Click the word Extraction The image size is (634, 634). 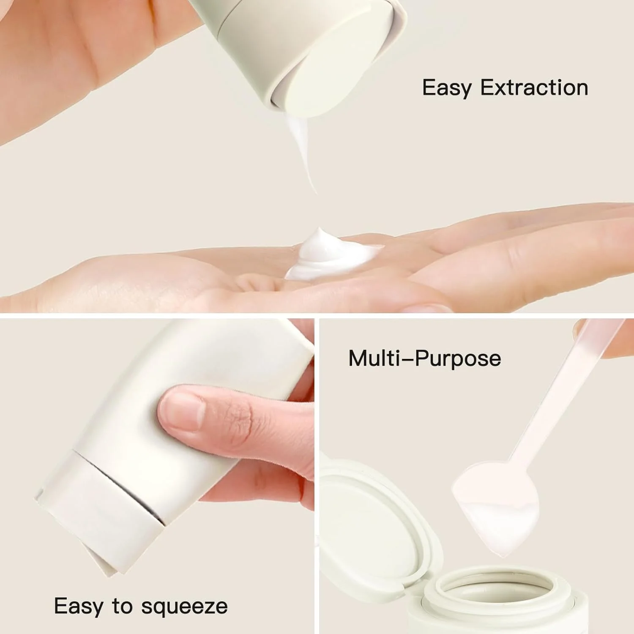coord(534,87)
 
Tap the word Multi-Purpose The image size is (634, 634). coord(425,358)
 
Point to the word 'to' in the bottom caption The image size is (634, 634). coord(123,607)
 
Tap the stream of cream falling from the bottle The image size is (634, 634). coord(302,152)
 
